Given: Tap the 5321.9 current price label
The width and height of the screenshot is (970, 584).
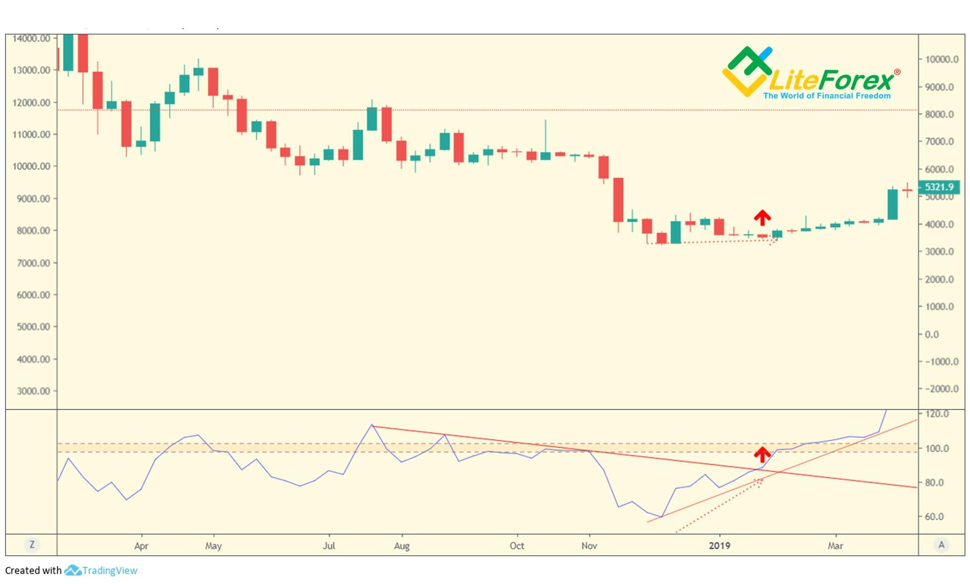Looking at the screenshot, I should point(939,187).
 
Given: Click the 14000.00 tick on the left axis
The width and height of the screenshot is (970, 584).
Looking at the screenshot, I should point(31,39).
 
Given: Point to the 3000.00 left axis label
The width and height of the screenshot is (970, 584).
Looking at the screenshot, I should point(33,391).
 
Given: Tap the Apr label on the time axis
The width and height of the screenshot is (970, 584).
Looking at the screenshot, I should point(141,546).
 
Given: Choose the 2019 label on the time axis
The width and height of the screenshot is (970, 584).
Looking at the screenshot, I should point(719,546).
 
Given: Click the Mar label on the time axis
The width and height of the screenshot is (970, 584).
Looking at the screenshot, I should point(835,546).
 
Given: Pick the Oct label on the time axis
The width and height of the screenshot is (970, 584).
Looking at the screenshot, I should point(517,546).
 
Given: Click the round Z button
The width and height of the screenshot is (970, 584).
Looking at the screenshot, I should point(32,545).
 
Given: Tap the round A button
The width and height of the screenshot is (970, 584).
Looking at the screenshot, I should point(941,545).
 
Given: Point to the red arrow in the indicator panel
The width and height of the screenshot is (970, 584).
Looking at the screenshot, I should point(762,454).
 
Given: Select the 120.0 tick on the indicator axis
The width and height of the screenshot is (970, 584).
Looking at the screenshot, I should point(937,414).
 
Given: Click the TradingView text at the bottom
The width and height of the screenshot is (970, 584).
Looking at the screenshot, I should point(110,571).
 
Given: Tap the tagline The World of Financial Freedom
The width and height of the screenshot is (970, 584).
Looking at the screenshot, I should point(827,96).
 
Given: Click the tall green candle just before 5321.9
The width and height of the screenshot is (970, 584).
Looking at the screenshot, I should point(892,204).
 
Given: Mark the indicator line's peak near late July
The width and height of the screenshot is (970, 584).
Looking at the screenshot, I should point(372,425).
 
